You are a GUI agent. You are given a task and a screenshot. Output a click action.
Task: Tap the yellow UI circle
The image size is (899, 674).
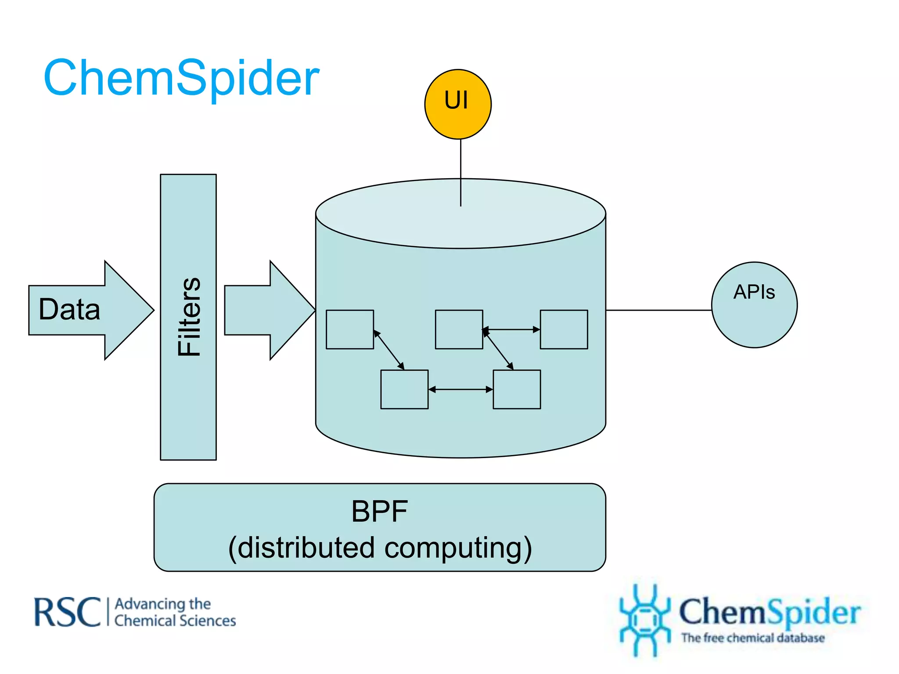(457, 104)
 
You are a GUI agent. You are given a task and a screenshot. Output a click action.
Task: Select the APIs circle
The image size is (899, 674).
(754, 305)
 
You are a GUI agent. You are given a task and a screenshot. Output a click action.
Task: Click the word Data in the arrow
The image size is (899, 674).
(69, 309)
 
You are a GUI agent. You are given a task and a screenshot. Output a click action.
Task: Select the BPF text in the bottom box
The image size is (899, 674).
(379, 512)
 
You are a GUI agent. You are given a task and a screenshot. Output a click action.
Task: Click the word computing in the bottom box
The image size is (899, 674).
(458, 548)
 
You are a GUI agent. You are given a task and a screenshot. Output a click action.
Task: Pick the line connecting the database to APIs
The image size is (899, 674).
(658, 310)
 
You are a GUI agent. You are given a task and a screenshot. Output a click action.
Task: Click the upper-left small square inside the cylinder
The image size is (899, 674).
(350, 330)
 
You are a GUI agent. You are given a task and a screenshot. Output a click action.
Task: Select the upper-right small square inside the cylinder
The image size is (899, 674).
(564, 330)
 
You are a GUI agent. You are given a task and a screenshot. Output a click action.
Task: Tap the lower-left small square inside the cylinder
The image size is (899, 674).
(404, 389)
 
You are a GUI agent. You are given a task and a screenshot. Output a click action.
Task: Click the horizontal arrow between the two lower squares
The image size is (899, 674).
(460, 389)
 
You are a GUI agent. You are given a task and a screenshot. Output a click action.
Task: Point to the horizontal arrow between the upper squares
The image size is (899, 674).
(511, 329)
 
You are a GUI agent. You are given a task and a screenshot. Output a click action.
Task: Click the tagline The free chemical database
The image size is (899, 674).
(753, 638)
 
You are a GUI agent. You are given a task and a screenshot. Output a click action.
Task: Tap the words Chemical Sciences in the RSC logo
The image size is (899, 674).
(175, 621)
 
